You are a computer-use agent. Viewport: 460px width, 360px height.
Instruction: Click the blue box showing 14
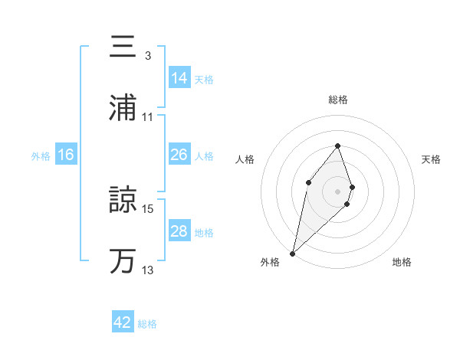179,77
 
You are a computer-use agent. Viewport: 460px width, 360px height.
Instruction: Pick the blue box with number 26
179,155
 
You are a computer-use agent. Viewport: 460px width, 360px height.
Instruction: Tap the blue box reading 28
179,231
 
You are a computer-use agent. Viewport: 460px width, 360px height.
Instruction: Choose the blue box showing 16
66,155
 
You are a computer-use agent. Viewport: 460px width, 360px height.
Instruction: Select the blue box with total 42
123,322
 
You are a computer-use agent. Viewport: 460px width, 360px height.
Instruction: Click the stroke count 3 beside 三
147,56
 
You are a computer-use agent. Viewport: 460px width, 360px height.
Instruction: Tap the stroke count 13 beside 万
148,270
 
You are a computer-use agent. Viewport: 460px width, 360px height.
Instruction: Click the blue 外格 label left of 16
41,155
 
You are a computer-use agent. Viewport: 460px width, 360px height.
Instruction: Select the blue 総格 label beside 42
147,324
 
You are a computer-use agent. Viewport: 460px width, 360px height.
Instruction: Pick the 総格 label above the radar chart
337,100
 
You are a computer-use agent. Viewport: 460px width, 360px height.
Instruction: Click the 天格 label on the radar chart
431,159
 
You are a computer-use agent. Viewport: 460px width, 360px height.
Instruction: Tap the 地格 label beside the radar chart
402,262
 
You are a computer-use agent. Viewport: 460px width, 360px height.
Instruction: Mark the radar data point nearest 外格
292,254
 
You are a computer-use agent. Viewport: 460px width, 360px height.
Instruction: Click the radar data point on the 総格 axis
337,146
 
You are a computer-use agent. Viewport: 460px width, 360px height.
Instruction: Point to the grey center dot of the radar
337,191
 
